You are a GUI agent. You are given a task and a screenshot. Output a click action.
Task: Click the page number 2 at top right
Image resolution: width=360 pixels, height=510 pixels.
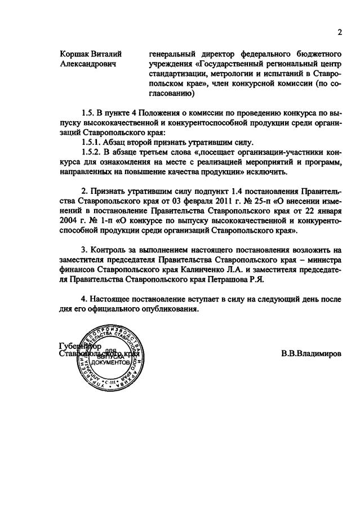[340, 32]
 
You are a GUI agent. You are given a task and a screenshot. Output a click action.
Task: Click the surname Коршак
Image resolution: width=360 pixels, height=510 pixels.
[75, 55]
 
